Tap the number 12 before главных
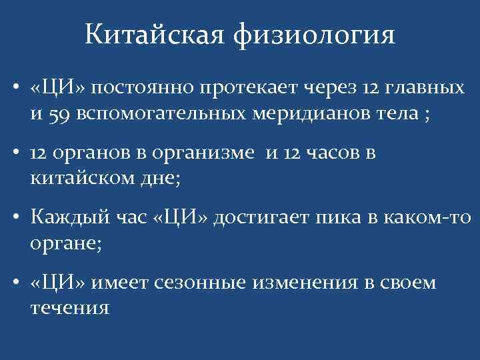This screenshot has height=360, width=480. (x=372, y=89)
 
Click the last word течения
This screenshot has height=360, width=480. (x=69, y=307)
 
